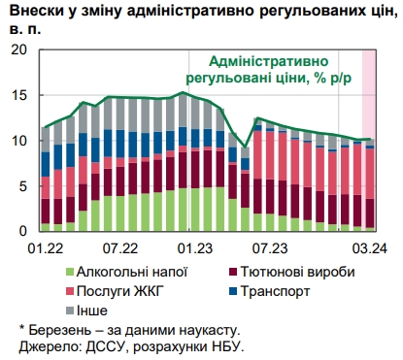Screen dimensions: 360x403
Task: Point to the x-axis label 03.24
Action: (x=364, y=248)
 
